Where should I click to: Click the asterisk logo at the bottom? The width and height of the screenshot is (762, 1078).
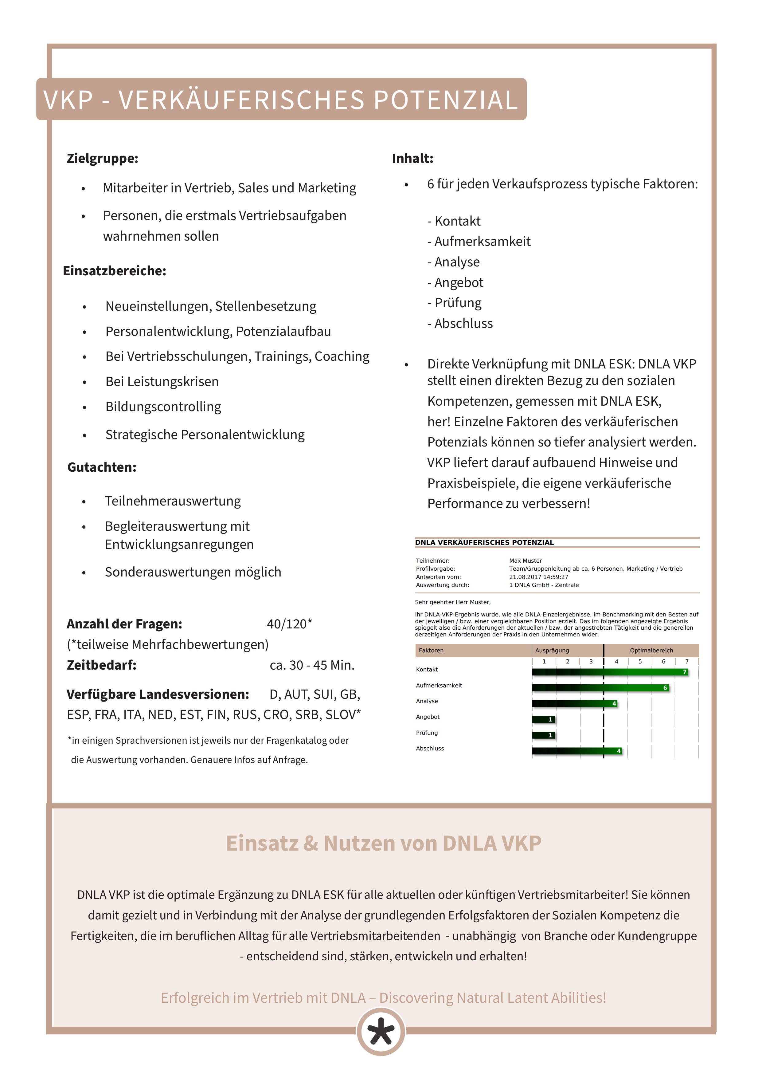[x=381, y=1032]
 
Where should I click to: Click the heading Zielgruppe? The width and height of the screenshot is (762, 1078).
[x=102, y=158]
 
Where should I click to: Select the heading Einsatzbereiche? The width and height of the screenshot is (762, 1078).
[x=115, y=271]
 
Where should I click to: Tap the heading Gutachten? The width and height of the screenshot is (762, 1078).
[x=102, y=467]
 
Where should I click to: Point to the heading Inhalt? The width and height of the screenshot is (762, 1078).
[x=412, y=158]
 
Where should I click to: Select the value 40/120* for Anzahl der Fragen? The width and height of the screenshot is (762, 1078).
[x=289, y=624]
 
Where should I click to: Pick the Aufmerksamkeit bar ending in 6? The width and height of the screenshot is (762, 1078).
[x=600, y=688]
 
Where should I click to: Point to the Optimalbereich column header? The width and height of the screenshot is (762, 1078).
[x=651, y=650]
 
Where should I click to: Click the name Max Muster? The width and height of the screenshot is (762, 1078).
[x=525, y=561]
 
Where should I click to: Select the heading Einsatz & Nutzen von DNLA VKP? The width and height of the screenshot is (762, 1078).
[x=383, y=843]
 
